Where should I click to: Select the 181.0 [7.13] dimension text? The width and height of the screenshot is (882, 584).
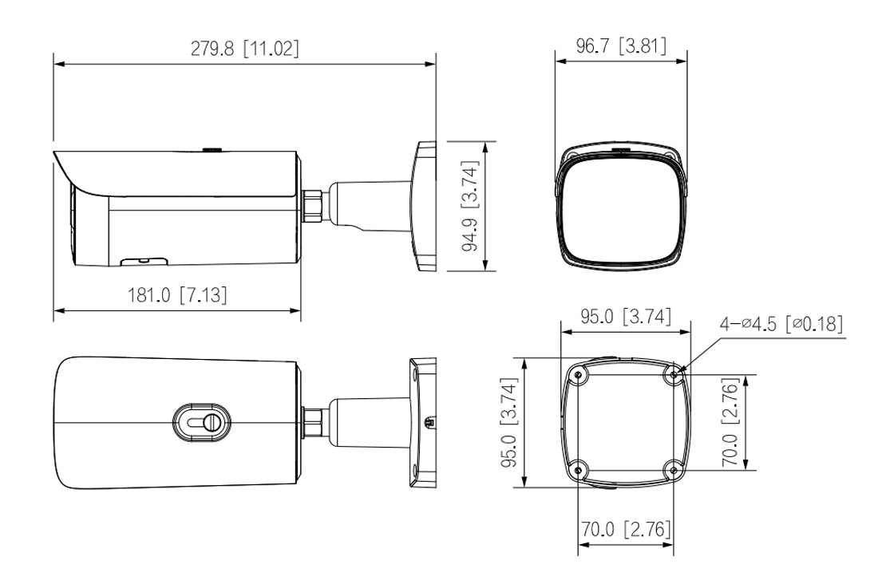click(x=177, y=295)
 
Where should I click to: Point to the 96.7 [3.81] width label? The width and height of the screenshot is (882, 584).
click(x=621, y=45)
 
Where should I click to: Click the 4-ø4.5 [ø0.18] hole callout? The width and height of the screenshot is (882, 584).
click(x=781, y=326)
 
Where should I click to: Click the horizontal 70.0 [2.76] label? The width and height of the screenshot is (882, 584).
click(x=624, y=529)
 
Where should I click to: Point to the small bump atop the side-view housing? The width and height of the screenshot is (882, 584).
click(x=212, y=148)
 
